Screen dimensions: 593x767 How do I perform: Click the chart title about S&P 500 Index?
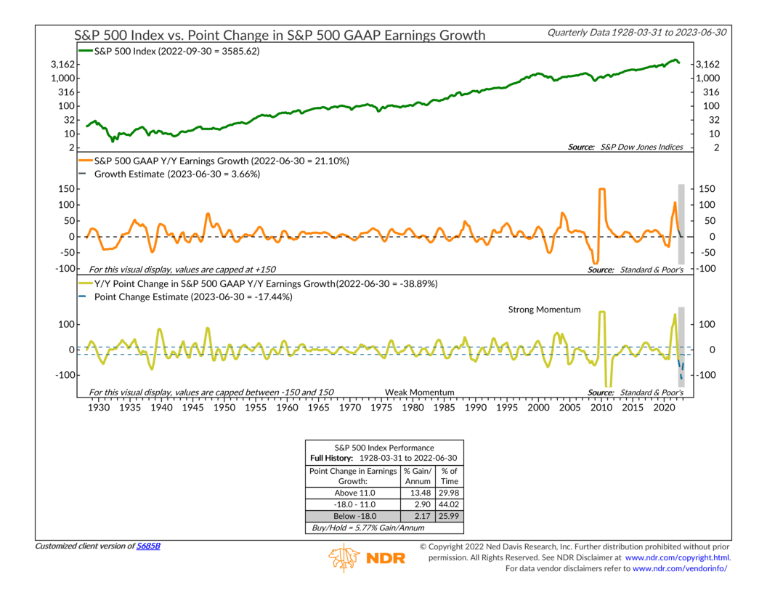(280, 35)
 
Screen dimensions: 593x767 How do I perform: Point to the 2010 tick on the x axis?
(601, 408)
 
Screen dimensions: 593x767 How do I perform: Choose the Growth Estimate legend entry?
(174, 174)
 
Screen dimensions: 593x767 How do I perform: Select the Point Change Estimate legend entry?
(188, 296)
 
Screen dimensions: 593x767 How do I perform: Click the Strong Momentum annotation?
(544, 310)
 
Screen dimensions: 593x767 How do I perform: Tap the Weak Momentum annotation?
(419, 392)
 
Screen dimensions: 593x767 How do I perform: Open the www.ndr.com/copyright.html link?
(678, 557)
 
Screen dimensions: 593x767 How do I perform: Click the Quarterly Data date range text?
(637, 32)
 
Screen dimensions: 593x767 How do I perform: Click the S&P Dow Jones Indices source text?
(642, 147)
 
